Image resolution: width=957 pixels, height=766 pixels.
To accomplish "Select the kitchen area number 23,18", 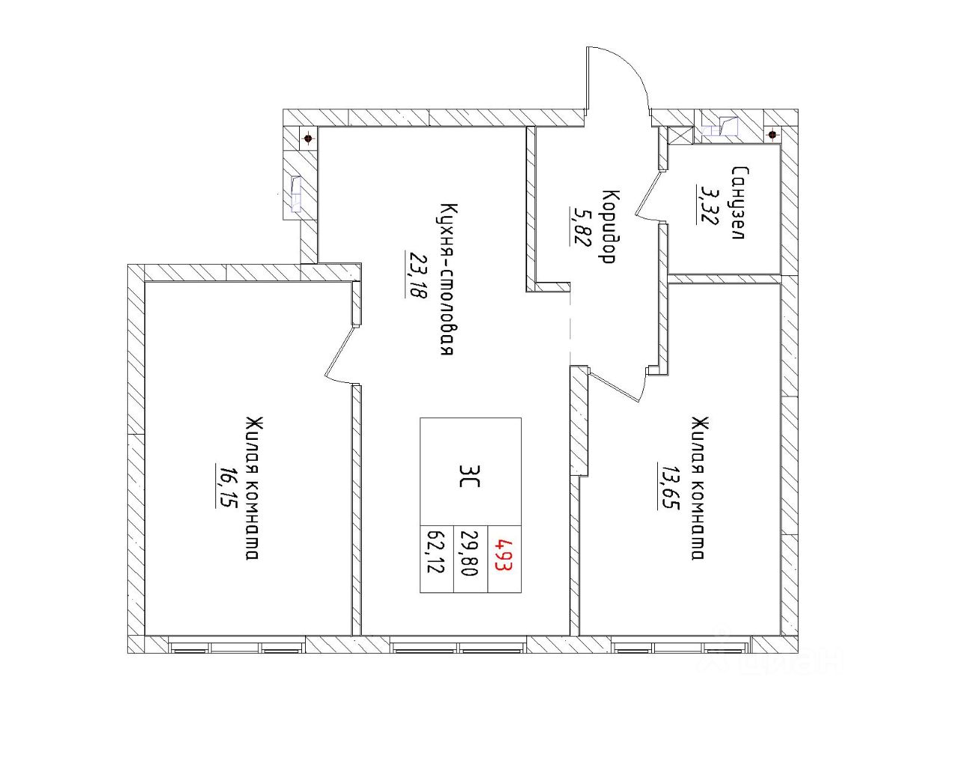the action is pos(416,274).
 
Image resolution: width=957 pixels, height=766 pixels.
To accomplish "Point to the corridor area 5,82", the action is pos(579,226).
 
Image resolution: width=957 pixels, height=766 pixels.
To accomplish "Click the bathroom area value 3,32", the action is pos(704,204).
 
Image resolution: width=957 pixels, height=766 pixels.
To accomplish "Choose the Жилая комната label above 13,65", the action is pos(698,488).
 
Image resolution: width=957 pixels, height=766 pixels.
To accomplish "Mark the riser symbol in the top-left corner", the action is pos(307,138).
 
